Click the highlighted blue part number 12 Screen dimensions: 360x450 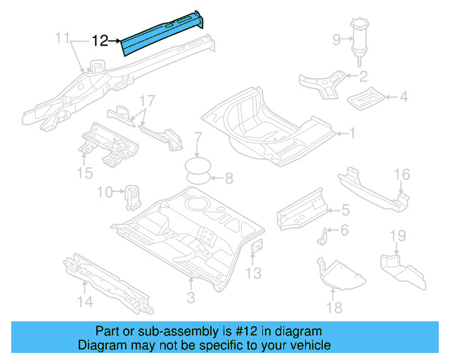pyautogui.click(x=162, y=35)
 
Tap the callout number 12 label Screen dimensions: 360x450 pyautogui.click(x=101, y=41)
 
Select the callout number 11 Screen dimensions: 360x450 pyautogui.click(x=63, y=37)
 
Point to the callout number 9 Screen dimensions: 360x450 pyautogui.click(x=336, y=39)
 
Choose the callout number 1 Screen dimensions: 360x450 pyautogui.click(x=354, y=132)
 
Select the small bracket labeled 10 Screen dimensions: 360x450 pyautogui.click(x=131, y=196)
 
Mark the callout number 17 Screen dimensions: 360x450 pyautogui.click(x=146, y=100)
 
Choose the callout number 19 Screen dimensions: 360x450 pyautogui.click(x=397, y=235)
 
